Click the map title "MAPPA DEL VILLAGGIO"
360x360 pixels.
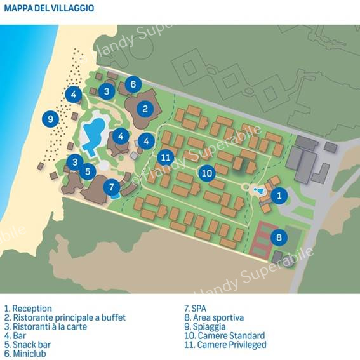(x=49, y=8)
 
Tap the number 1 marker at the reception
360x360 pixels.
(x=279, y=196)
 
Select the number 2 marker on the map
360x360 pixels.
(x=145, y=109)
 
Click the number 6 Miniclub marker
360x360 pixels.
(x=133, y=84)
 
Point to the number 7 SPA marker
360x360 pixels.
(x=112, y=187)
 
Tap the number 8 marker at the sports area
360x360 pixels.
(x=279, y=237)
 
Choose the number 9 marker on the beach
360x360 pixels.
(x=50, y=119)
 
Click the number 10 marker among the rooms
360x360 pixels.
(x=207, y=173)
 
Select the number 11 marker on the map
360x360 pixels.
(x=166, y=157)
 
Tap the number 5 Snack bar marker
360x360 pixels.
(x=88, y=171)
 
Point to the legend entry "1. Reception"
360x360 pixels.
(x=28, y=309)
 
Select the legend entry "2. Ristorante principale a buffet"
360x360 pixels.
(x=65, y=317)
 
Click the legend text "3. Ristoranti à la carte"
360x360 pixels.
(x=46, y=326)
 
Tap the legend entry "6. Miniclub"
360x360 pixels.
(x=25, y=354)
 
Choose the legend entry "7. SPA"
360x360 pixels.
(x=196, y=309)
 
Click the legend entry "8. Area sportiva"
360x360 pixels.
(x=214, y=317)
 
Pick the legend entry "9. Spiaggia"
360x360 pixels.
(x=205, y=327)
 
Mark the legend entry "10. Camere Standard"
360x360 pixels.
(x=225, y=336)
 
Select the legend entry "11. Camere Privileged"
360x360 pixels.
(x=225, y=345)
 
